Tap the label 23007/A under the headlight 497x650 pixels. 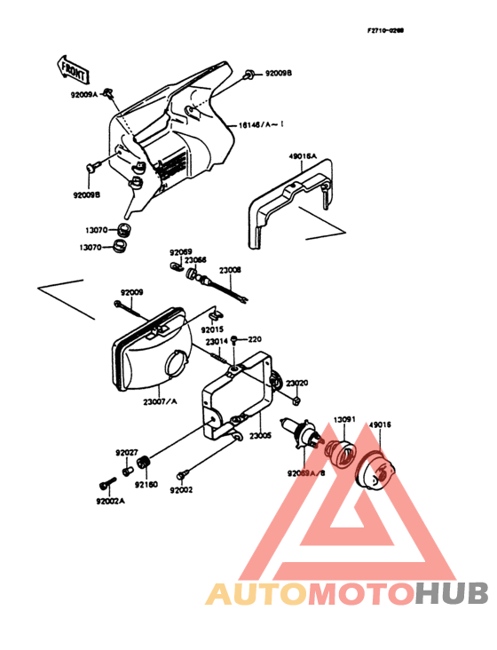pos(160,401)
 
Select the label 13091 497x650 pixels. pos(344,420)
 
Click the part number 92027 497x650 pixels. pos(126,452)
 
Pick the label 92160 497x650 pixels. pos(146,486)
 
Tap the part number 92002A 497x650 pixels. pos(111,501)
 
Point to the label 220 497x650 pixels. pos(255,339)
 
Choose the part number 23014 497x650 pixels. pos(217,342)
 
